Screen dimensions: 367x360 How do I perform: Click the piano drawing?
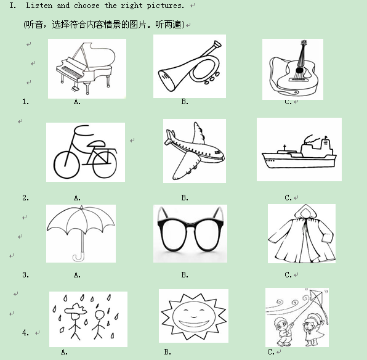click(x=86, y=68)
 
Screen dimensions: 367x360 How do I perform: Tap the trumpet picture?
click(x=190, y=66)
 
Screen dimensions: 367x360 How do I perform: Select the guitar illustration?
click(x=294, y=69)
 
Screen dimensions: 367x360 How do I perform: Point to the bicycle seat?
click(x=96, y=143)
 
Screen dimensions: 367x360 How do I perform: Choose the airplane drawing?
click(x=194, y=151)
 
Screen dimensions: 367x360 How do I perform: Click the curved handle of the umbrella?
click(x=79, y=257)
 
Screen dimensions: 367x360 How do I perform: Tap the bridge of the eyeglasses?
click(x=190, y=224)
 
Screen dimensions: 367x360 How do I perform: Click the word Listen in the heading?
click(x=39, y=6)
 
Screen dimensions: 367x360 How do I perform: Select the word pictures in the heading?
click(x=165, y=6)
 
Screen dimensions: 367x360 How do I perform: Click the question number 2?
click(x=25, y=198)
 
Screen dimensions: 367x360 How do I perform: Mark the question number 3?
click(x=25, y=274)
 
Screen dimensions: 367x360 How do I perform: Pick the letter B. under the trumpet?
click(x=185, y=102)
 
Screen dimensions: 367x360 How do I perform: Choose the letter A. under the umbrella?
click(x=77, y=274)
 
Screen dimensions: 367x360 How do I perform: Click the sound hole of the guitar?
click(x=299, y=70)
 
